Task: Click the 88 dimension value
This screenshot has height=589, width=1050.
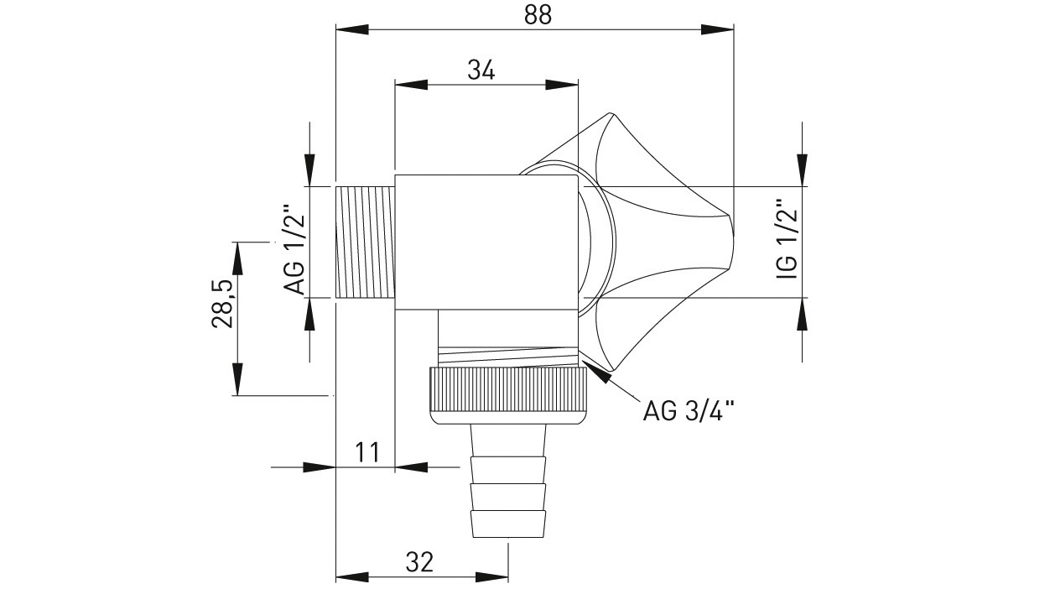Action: click(538, 15)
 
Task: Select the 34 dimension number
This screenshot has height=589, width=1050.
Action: click(481, 71)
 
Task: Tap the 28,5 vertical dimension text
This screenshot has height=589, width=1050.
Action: click(221, 305)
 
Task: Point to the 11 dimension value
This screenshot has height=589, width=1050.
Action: click(367, 452)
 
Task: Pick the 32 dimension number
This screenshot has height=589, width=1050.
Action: click(419, 562)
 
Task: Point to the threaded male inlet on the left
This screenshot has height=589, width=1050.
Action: click(366, 242)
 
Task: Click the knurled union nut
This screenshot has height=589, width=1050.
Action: click(507, 396)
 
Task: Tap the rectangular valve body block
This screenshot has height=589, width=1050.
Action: click(486, 242)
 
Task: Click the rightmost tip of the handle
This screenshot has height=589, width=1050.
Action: click(733, 242)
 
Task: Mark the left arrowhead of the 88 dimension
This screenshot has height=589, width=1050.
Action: click(352, 29)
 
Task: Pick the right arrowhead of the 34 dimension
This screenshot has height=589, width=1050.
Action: click(562, 85)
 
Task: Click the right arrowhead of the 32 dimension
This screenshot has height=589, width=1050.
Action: click(492, 576)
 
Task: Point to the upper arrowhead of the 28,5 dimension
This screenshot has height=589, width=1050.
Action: click(238, 258)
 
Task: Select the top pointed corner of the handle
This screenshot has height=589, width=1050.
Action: click(610, 113)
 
